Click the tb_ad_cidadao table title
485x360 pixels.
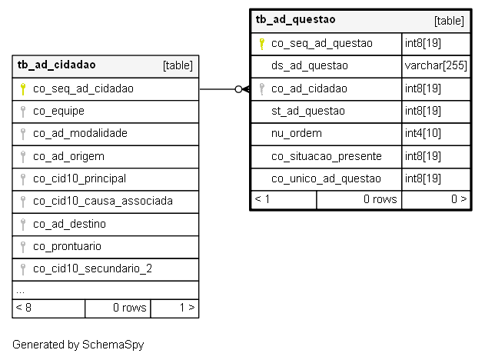pyautogui.click(x=57, y=65)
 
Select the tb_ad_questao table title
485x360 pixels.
pyautogui.click(x=295, y=19)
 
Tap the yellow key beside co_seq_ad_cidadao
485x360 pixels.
pyautogui.click(x=22, y=89)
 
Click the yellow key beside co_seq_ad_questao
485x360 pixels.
pyautogui.click(x=261, y=44)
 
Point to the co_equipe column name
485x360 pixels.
pyautogui.click(x=58, y=111)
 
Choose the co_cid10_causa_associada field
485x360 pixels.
pyautogui.click(x=103, y=201)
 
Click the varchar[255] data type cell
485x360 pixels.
pyautogui.click(x=436, y=65)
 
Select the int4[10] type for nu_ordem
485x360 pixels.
pyautogui.click(x=423, y=133)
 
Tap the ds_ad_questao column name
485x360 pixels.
pyautogui.click(x=310, y=65)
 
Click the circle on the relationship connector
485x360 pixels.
pyautogui.click(x=238, y=89)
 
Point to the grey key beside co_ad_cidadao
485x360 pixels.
pyautogui.click(x=261, y=89)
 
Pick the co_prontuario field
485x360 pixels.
pyautogui.click(x=67, y=246)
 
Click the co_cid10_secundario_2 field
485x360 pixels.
pyautogui.click(x=92, y=268)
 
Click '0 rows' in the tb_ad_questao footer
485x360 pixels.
pyautogui.click(x=380, y=199)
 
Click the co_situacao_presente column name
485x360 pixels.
pyautogui.click(x=327, y=156)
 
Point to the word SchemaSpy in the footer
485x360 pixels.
pyautogui.click(x=113, y=345)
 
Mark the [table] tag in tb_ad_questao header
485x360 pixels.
pyautogui.click(x=449, y=21)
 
